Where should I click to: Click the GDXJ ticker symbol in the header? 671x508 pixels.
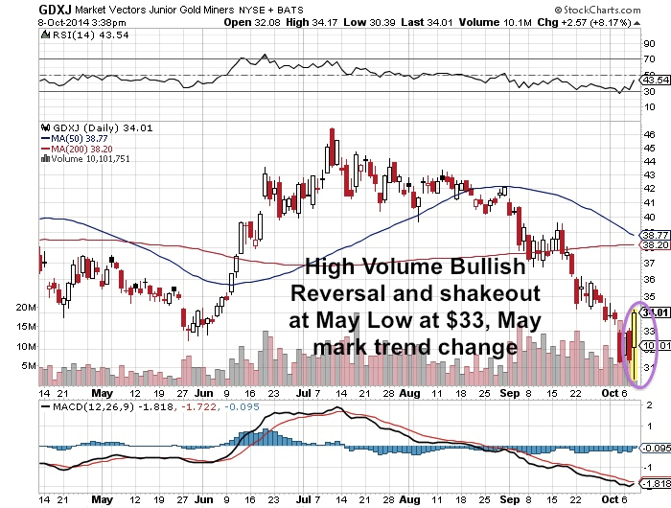(22, 10)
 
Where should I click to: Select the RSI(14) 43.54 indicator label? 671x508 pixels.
(72, 35)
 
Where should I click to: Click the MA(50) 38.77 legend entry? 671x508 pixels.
(78, 139)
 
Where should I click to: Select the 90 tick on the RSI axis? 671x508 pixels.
(648, 44)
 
